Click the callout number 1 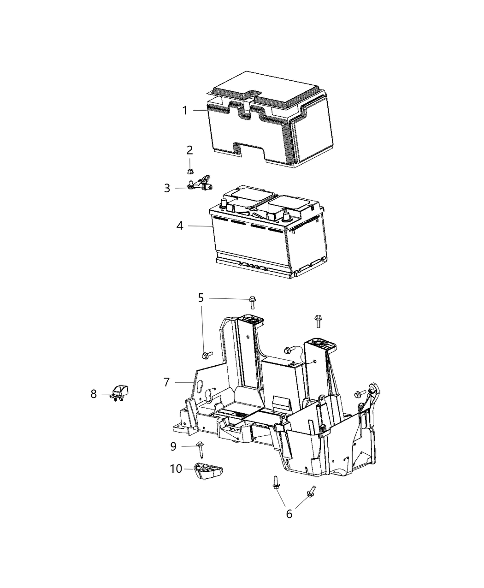point(185,111)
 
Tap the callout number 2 point(189,150)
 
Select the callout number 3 point(167,188)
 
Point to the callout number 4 point(180,226)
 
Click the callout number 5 point(201,298)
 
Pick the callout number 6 point(289,514)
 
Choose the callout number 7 point(166,382)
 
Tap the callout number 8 point(94,394)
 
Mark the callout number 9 point(173,446)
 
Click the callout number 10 point(176,469)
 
